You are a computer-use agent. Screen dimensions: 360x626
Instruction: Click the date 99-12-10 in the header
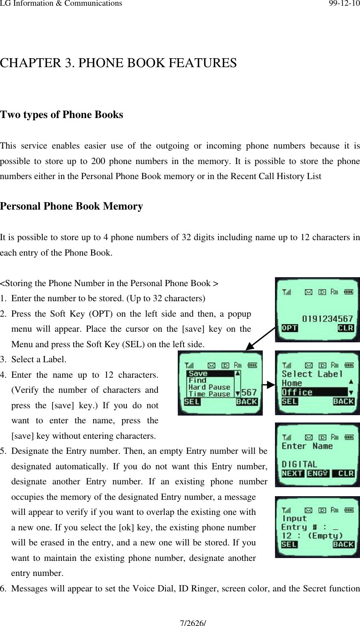pos(344,4)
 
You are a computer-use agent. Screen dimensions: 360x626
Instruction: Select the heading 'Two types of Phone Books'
pos(61,115)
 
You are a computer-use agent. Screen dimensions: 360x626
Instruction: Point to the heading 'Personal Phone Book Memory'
pos(72,206)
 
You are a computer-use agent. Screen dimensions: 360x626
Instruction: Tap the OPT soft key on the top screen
pos(290,328)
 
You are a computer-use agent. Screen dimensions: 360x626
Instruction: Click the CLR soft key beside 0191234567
pos(345,328)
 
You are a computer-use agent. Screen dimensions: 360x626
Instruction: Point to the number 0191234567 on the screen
pos(327,318)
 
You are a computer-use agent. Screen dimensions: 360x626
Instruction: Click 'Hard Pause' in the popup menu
pos(209,387)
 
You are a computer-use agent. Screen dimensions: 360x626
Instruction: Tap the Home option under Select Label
pos(292,383)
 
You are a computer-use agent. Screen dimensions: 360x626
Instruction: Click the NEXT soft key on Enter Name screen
pos(292,474)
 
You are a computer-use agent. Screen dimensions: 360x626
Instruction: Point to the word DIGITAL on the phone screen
pos(299,464)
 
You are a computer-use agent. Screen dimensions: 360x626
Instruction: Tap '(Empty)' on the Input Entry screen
pos(325,536)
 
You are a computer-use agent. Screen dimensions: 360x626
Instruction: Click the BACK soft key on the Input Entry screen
pos(343,545)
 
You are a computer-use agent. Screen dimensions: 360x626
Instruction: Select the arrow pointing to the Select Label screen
pos(268,384)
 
